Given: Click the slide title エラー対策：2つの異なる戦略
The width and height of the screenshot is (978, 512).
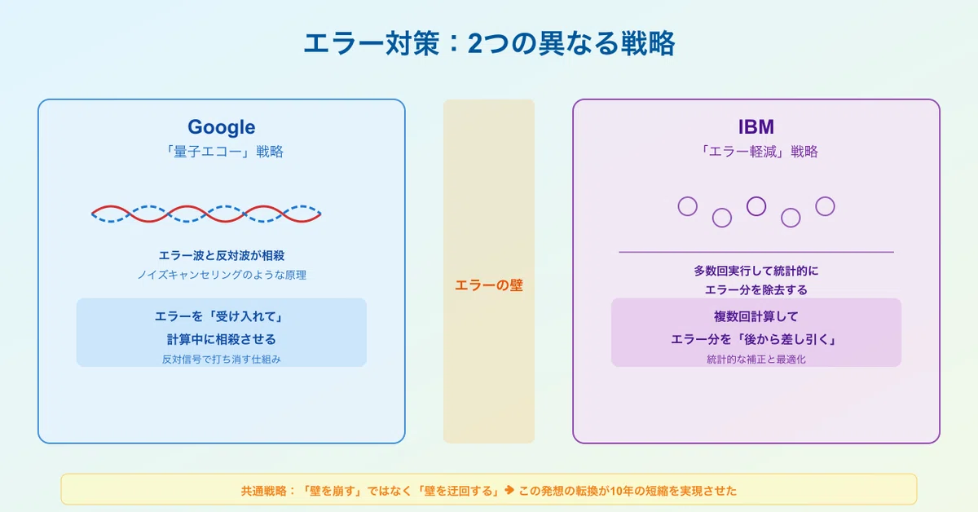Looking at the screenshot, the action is click(x=489, y=44).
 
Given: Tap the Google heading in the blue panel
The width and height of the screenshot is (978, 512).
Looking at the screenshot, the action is click(x=222, y=127).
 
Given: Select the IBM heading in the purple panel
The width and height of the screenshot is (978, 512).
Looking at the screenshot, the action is click(x=756, y=127).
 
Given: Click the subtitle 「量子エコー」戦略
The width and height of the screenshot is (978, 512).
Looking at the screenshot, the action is click(x=222, y=152).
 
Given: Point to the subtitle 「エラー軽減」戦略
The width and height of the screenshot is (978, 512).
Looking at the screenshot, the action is click(x=757, y=152).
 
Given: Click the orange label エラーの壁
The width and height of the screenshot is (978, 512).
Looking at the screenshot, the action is click(x=488, y=285).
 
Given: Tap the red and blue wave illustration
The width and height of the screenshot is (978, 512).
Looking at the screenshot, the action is click(x=206, y=214).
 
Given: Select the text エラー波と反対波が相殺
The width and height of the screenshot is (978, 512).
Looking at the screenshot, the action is click(x=222, y=255).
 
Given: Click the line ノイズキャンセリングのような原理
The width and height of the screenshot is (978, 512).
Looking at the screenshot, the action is click(x=222, y=275).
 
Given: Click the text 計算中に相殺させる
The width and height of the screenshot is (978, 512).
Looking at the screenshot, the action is click(x=222, y=339).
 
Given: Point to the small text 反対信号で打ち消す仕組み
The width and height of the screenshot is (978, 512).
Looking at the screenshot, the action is click(x=222, y=359).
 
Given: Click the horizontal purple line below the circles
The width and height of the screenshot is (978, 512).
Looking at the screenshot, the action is click(x=756, y=252).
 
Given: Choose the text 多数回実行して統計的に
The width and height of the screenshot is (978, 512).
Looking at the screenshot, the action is click(x=756, y=271).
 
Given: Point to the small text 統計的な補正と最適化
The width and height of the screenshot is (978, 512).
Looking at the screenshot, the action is click(x=756, y=359).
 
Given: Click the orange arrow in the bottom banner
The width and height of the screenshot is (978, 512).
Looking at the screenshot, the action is click(x=509, y=490).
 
